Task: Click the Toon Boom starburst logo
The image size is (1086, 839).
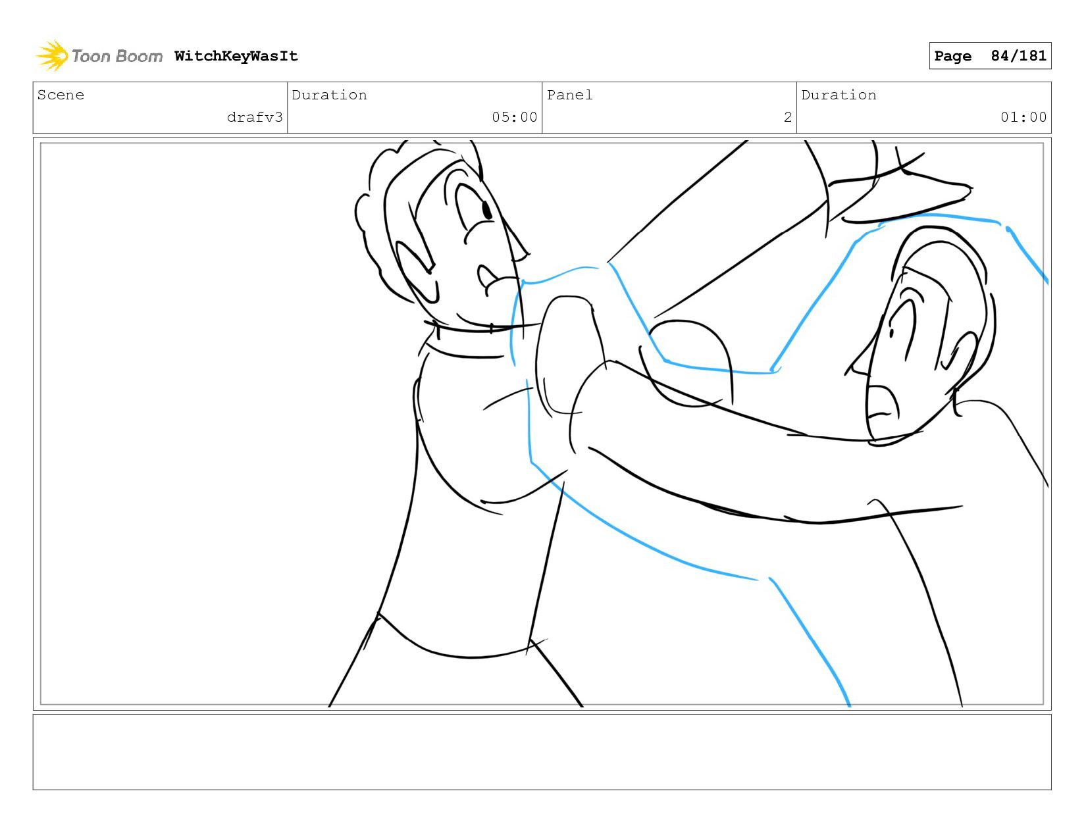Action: pyautogui.click(x=51, y=55)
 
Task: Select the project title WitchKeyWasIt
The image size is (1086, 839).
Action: pyautogui.click(x=236, y=56)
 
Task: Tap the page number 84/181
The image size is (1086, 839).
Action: pyautogui.click(x=1018, y=55)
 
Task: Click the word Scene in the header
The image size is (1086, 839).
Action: pyautogui.click(x=61, y=95)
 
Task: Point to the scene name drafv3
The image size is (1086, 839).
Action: pyautogui.click(x=255, y=117)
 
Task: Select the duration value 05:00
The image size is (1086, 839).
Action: pyautogui.click(x=514, y=117)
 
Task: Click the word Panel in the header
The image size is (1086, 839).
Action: pyautogui.click(x=570, y=95)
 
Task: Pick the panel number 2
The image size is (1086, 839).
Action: pyautogui.click(x=788, y=117)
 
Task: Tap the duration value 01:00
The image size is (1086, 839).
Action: pyautogui.click(x=1023, y=117)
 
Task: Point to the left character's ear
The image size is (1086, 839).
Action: pyautogui.click(x=417, y=271)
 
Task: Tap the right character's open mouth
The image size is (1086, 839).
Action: pyautogui.click(x=883, y=405)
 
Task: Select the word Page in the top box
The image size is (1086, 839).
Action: pyautogui.click(x=952, y=56)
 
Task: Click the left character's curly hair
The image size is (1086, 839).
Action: pyautogui.click(x=395, y=200)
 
